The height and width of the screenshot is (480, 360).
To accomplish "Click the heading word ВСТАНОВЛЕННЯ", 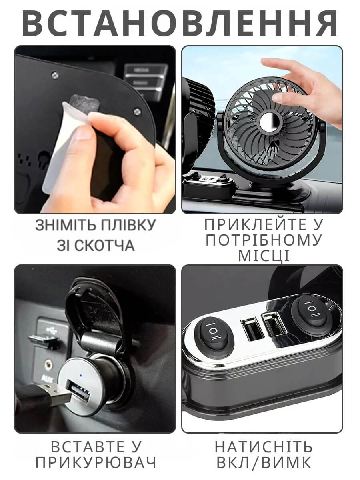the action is (180, 23).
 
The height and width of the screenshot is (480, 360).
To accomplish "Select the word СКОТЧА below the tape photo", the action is (105, 245).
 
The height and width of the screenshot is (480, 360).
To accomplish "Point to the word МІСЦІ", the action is (264, 256).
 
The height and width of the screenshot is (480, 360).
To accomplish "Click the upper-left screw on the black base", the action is (55, 76).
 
